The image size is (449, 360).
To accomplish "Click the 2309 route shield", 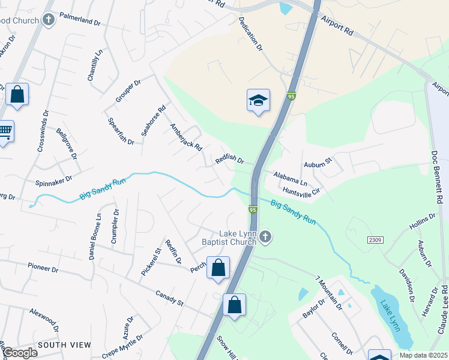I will (x=375, y=239).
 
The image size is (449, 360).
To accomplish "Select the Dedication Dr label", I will (x=251, y=32).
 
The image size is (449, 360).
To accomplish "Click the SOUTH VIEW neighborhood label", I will (x=64, y=345).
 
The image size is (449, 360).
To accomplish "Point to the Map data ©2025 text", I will (x=423, y=355).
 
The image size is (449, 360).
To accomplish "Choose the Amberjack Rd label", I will (x=186, y=137).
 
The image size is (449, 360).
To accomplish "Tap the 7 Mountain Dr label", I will (x=328, y=292).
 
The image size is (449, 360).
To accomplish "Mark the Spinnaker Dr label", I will (x=54, y=179).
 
